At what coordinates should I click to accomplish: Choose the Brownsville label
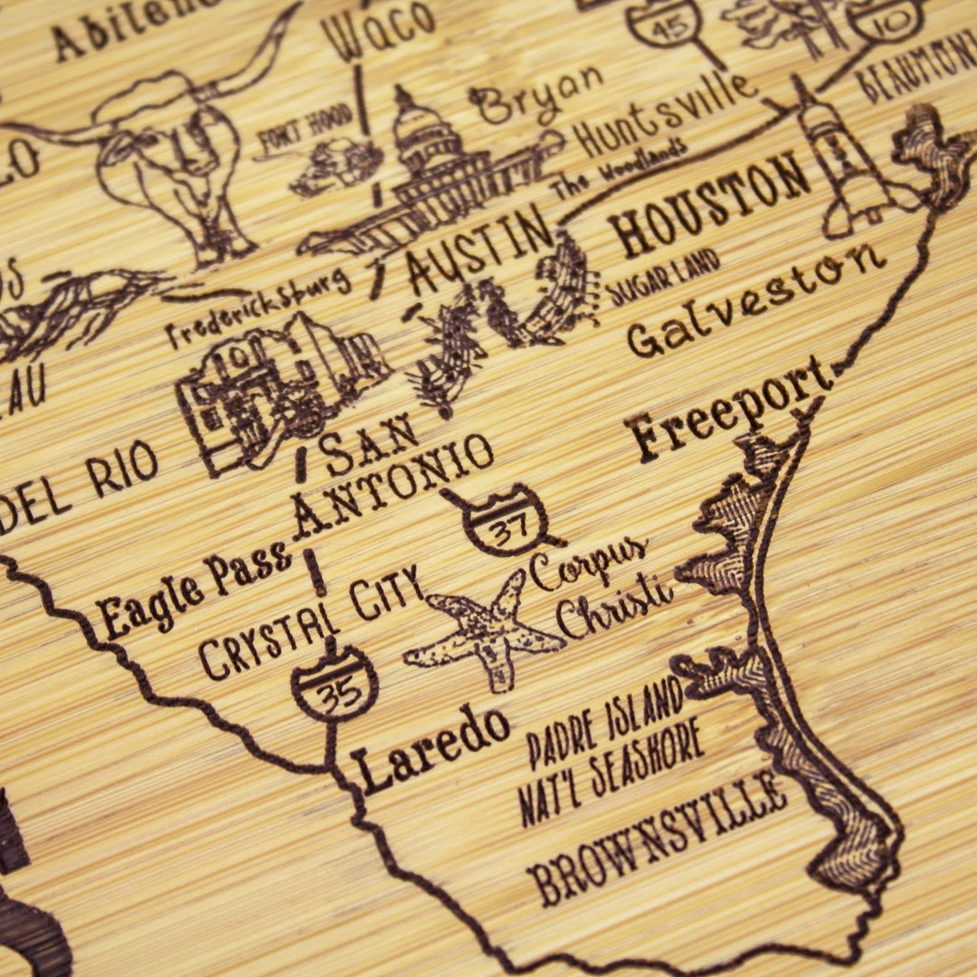point(656,837)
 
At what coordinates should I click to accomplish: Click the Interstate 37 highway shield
point(507,521)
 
